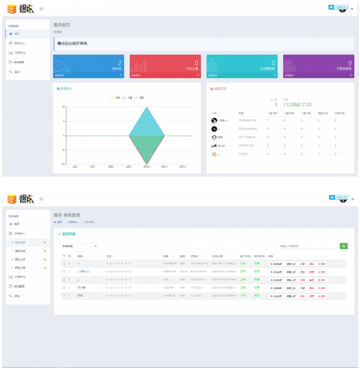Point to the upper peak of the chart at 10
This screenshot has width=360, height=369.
point(147,107)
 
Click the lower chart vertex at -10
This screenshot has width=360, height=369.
point(147,164)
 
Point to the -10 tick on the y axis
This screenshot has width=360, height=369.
point(63,164)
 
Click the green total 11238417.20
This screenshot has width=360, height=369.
point(297,105)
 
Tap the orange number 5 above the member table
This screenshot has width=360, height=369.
point(276,105)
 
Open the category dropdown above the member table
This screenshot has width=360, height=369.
point(79,246)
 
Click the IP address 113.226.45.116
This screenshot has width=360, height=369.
point(199,263)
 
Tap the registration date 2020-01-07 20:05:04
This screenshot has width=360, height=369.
point(224,295)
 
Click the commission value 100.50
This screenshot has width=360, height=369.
point(183,271)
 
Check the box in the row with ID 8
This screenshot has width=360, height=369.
point(64,263)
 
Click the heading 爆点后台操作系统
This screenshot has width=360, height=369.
point(72,44)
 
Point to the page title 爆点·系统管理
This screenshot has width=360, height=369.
point(67,215)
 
